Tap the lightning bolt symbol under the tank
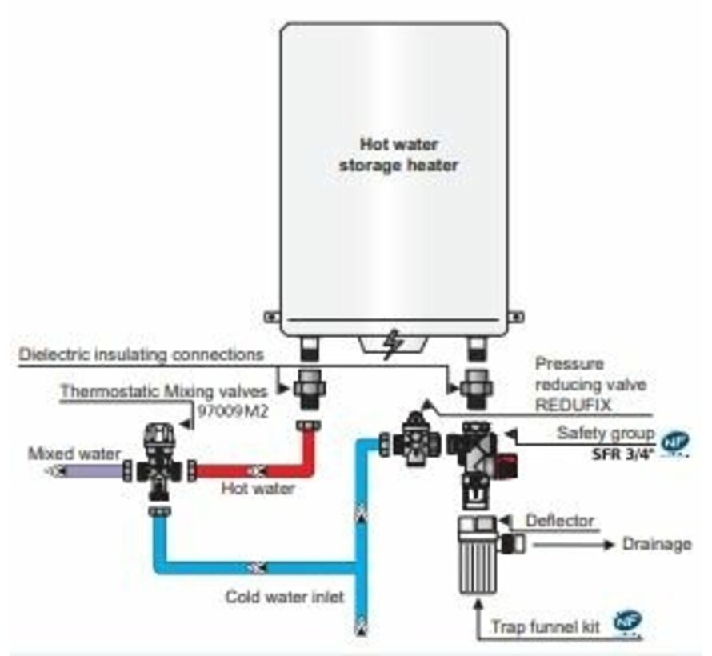(391, 345)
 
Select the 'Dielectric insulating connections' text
(141, 353)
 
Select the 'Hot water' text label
(258, 489)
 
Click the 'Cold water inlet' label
(284, 596)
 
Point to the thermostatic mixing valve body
(160, 464)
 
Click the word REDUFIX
(574, 405)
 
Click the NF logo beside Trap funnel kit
(628, 621)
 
